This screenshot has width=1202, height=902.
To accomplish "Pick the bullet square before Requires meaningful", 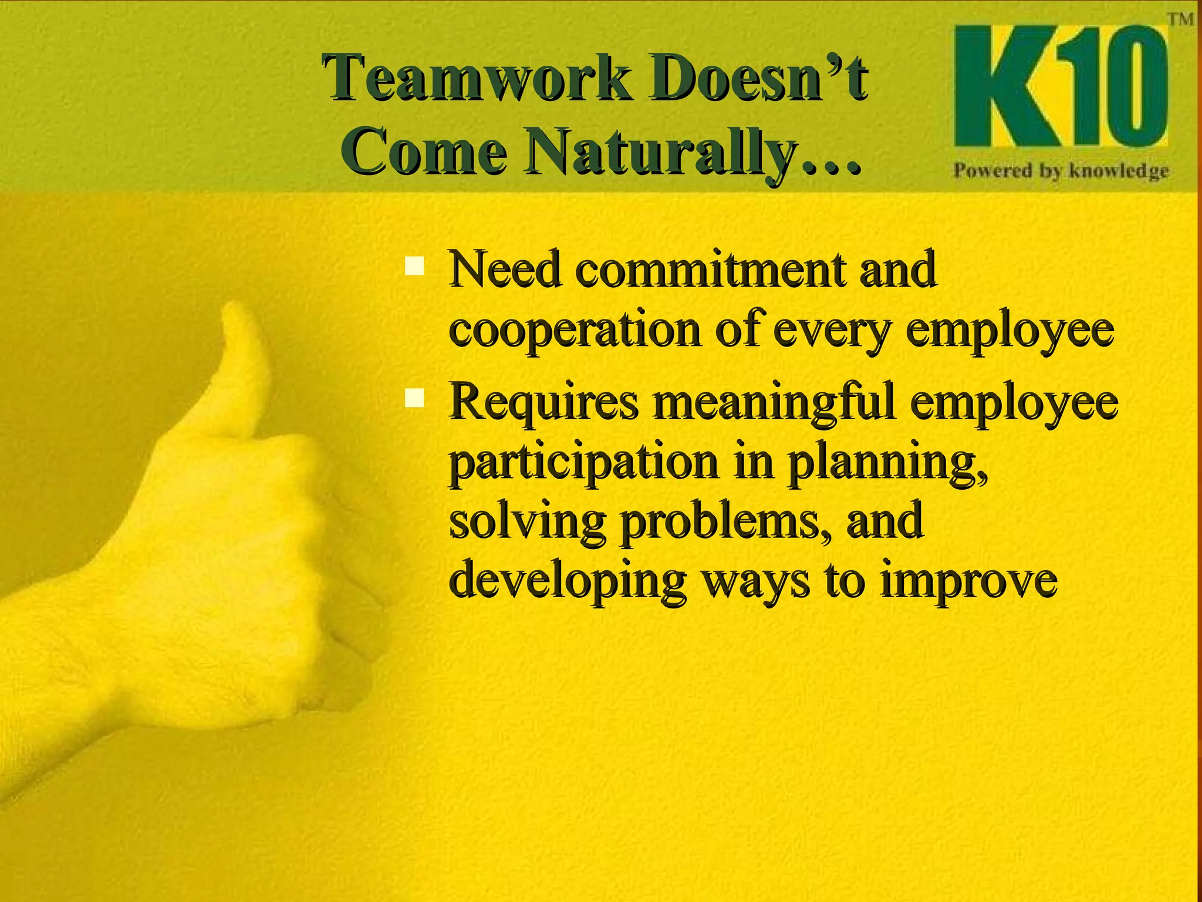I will [x=415, y=399].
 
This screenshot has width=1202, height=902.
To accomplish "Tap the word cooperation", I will [x=575, y=330].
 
